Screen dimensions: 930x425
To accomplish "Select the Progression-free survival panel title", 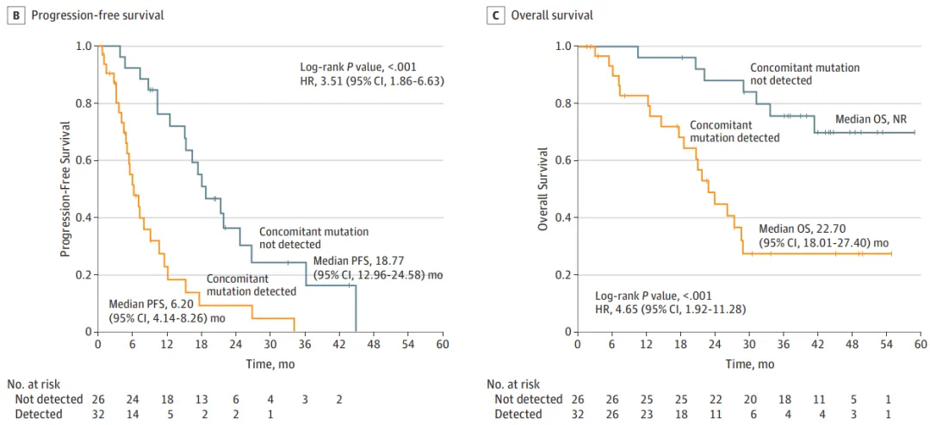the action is coord(97,16).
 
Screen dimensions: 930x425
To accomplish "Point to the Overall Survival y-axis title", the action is coord(542,189).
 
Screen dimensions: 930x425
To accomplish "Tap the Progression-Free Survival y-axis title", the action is coord(65,189).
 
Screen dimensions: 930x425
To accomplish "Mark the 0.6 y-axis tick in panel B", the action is coord(83,160).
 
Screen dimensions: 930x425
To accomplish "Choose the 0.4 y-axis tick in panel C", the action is coord(561,218).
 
